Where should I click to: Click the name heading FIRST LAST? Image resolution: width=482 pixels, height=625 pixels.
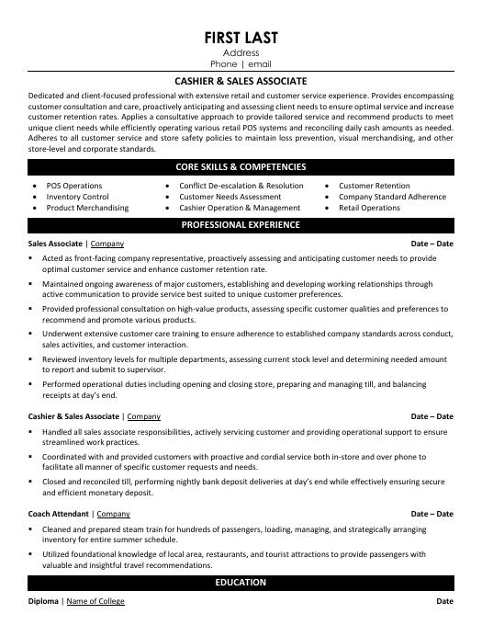click(241, 37)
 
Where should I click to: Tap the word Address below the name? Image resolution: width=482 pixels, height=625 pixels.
click(241, 53)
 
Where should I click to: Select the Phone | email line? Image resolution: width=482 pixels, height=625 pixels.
click(241, 65)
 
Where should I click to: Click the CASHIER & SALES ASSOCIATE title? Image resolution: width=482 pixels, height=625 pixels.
click(241, 81)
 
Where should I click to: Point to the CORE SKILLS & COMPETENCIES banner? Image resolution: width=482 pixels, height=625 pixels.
click(241, 167)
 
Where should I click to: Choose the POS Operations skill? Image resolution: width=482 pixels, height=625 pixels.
click(74, 186)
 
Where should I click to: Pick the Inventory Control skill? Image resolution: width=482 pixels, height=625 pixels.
click(77, 197)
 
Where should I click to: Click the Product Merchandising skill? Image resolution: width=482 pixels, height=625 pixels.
click(87, 208)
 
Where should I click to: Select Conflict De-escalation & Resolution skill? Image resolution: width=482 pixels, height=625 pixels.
click(241, 186)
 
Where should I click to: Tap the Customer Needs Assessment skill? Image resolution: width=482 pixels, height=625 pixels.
click(230, 197)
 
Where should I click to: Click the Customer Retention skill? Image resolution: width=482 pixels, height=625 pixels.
click(375, 186)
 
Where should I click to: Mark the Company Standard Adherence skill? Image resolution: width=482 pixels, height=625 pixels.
click(392, 197)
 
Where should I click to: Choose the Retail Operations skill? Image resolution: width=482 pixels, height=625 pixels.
click(369, 208)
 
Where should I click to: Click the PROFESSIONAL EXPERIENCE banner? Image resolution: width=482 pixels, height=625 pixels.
click(241, 224)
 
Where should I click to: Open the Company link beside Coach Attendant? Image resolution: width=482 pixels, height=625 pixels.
click(113, 514)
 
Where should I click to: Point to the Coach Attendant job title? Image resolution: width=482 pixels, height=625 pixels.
click(58, 514)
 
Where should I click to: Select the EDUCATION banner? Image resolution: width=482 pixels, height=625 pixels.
click(241, 583)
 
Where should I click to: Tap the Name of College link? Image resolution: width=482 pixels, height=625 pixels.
click(95, 601)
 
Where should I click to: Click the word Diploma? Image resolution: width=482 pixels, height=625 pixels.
click(43, 601)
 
